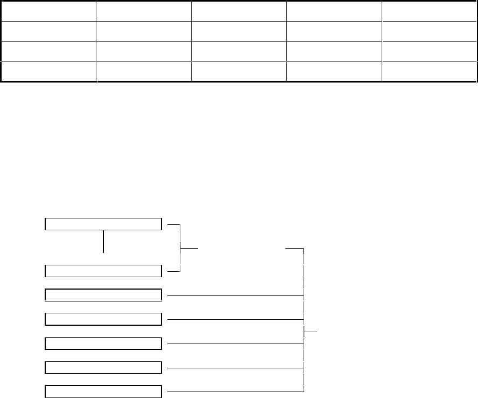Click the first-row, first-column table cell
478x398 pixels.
(48, 11)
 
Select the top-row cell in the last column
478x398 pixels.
(430, 11)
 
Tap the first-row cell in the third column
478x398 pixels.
(239, 11)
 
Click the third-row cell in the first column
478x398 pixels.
(48, 51)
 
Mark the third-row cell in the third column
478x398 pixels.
(239, 51)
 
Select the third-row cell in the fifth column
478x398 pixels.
(430, 51)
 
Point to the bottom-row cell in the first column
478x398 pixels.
(48, 72)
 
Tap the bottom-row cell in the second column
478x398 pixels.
(144, 72)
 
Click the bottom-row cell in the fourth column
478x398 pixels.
(334, 72)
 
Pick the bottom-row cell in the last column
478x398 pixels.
(430, 72)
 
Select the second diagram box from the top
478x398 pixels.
(103, 271)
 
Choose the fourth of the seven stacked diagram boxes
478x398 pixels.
(103, 319)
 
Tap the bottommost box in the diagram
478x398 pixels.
(103, 392)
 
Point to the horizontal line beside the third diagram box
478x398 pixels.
(236, 296)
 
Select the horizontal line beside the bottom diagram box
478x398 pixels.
(236, 390)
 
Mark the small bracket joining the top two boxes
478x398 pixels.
(179, 248)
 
